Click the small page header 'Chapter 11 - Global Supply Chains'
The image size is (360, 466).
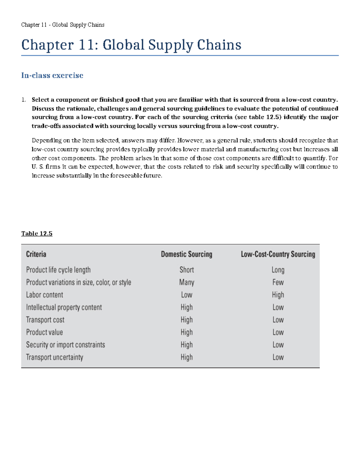click(63, 25)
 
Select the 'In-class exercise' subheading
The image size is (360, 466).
click(52, 75)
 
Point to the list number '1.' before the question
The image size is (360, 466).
click(23, 100)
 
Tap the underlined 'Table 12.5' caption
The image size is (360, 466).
click(37, 233)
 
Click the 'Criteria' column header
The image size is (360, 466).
click(36, 254)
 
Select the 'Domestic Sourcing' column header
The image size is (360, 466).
click(186, 254)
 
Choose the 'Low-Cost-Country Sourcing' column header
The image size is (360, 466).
click(278, 254)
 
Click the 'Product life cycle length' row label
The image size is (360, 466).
click(58, 270)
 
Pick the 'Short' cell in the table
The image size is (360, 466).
click(187, 270)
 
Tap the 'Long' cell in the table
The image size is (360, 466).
click(278, 270)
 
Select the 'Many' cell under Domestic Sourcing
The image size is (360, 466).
click(187, 282)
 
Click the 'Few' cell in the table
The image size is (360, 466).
click(278, 282)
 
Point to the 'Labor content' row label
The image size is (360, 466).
click(44, 295)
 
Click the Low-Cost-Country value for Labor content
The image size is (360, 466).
click(278, 295)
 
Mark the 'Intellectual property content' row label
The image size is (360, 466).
click(64, 307)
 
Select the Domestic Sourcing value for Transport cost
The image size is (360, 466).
click(187, 320)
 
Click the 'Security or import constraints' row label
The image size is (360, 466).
click(65, 345)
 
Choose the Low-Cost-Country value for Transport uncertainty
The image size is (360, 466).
click(278, 357)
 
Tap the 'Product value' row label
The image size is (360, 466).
click(44, 332)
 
